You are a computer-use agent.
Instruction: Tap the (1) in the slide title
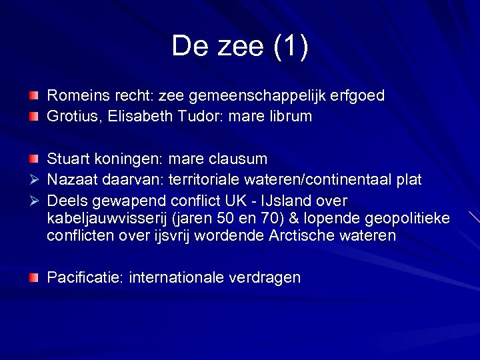[x=290, y=47]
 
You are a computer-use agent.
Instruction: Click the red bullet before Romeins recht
[x=33, y=96]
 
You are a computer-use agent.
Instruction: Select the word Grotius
[x=70, y=117]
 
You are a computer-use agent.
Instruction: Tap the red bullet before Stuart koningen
[x=33, y=159]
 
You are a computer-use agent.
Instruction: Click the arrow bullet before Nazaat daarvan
[x=33, y=180]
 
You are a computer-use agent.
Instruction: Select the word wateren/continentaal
[x=323, y=180]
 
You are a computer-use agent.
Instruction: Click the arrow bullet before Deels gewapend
[x=33, y=201]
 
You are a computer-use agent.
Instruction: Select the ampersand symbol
[x=293, y=219]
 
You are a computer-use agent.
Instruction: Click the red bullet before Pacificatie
[x=33, y=278]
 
